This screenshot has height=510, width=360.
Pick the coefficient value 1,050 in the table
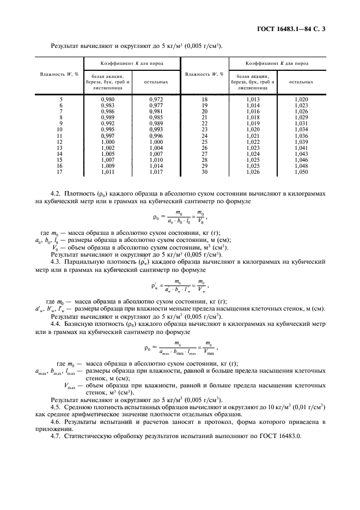click(x=301, y=172)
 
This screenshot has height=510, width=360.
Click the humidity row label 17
click(x=60, y=172)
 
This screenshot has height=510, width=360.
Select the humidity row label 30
click(x=205, y=172)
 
